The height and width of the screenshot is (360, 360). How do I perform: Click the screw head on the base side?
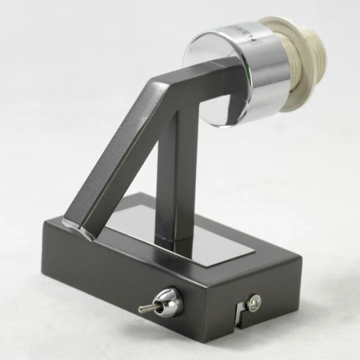(254, 301)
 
